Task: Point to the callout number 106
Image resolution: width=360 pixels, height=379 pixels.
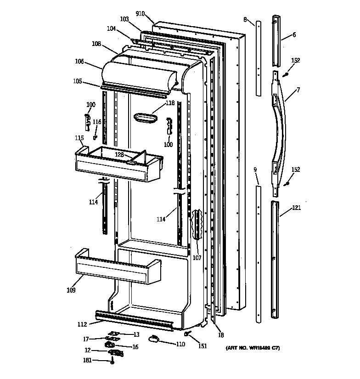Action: [79, 61]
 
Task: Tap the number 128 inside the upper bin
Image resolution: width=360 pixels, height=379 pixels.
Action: [119, 155]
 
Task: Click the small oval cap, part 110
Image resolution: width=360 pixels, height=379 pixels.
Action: [154, 339]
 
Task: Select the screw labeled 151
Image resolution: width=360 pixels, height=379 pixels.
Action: [188, 332]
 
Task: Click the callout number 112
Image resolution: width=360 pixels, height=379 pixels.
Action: [81, 325]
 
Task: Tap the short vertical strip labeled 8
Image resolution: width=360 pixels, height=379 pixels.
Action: [259, 57]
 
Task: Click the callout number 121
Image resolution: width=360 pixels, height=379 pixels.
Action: [297, 208]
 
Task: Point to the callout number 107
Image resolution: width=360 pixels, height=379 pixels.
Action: [197, 258]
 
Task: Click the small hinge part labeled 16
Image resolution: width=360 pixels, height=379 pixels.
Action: [111, 344]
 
